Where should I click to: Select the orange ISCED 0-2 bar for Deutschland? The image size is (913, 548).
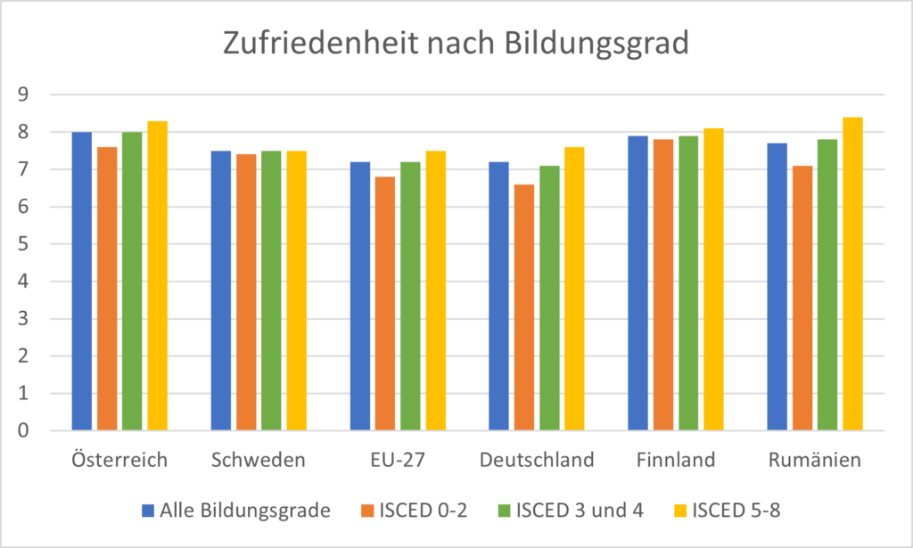click(x=524, y=307)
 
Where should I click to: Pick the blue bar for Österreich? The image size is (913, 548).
click(x=82, y=281)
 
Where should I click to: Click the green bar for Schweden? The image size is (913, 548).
click(x=271, y=290)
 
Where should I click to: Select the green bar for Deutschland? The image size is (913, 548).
click(x=549, y=298)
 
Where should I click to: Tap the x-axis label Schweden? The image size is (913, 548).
click(x=259, y=461)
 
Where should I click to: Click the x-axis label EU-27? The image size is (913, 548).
click(x=398, y=461)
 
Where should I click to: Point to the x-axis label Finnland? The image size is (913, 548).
click(x=676, y=461)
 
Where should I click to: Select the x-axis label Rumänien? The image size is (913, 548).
click(x=815, y=461)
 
